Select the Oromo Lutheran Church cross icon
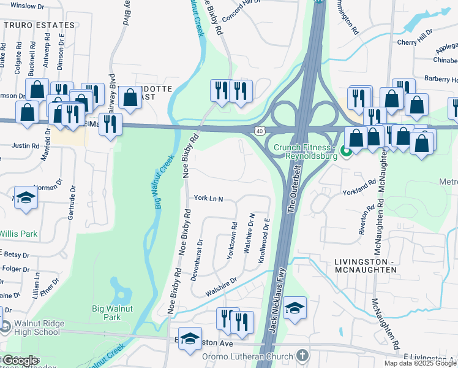pyautogui.click(x=302, y=355)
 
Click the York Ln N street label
pyautogui.click(x=208, y=199)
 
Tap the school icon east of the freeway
pyautogui.click(x=295, y=306)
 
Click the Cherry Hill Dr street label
pyautogui.click(x=415, y=42)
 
